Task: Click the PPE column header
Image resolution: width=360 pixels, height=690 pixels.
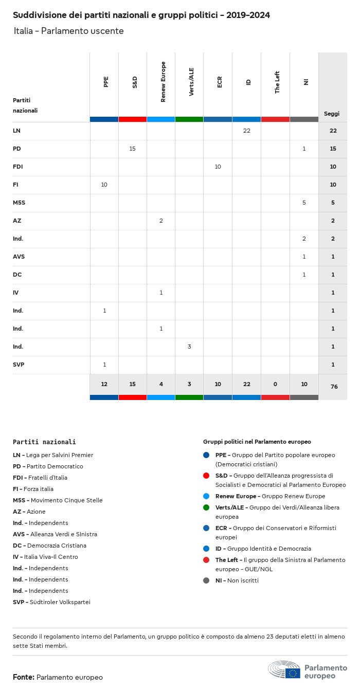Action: [106, 82]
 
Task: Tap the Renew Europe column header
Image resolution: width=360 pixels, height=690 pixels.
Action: [163, 82]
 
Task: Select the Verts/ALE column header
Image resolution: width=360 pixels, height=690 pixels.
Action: [191, 82]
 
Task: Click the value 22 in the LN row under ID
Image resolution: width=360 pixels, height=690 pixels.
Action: [246, 131]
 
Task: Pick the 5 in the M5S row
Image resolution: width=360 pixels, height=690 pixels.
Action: [304, 203]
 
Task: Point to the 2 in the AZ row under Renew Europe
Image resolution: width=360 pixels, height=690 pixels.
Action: [161, 221]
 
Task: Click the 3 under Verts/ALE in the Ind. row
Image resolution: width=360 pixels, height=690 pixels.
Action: [189, 347]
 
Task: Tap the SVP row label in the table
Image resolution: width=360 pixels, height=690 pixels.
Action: [19, 365]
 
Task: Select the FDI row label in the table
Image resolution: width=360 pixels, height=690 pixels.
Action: [18, 167]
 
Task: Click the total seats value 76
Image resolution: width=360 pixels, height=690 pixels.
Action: [334, 386]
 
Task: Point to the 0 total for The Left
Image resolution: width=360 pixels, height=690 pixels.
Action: [275, 385]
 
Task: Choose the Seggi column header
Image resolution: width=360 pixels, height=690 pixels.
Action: [332, 114]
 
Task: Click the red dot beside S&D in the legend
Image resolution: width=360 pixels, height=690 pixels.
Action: [206, 476]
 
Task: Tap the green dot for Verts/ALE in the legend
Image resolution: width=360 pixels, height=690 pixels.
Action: [206, 507]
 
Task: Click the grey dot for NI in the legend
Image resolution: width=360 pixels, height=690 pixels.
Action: [206, 580]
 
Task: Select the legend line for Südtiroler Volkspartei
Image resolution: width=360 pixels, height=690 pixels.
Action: [51, 602]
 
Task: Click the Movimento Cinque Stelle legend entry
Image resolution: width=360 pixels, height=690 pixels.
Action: [58, 500]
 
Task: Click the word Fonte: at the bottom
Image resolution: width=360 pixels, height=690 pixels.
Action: [24, 677]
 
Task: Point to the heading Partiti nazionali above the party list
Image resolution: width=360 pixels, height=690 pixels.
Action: [44, 442]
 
